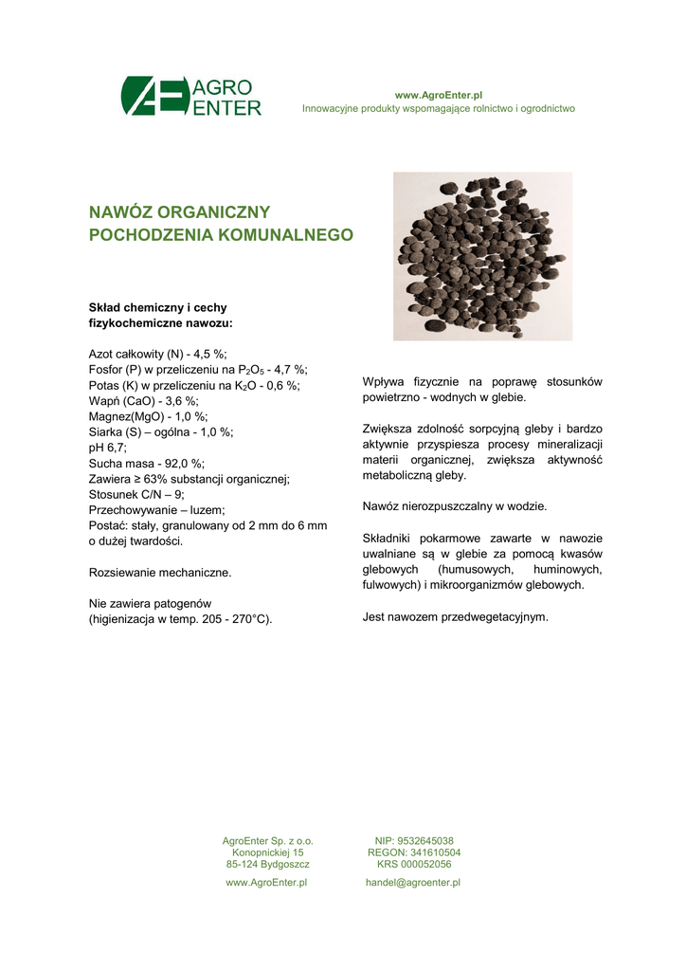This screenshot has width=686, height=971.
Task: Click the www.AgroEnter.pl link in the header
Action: [x=439, y=96]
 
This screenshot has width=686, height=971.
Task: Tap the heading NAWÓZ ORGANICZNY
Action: [x=179, y=211]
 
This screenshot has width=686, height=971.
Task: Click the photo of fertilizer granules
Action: [x=482, y=256]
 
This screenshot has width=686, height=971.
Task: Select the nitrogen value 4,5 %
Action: [x=207, y=354]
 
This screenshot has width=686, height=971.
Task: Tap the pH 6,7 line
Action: [x=108, y=448]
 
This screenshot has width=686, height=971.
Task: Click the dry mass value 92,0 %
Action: [x=186, y=463]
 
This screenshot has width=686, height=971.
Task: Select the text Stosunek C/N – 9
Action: [x=135, y=494]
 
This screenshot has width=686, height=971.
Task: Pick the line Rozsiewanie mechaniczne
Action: [x=160, y=573]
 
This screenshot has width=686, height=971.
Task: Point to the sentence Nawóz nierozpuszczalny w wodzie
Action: [x=455, y=506]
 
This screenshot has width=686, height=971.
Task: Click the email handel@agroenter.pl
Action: [x=413, y=883]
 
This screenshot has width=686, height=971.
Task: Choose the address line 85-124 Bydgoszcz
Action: [x=267, y=864]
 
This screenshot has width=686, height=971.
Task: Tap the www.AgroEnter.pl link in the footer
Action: [x=267, y=883]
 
